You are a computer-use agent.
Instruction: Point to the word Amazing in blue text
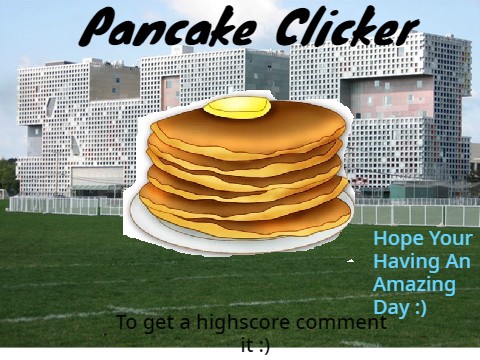413,284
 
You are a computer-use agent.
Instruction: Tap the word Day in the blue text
390,307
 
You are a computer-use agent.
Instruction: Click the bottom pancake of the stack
245,219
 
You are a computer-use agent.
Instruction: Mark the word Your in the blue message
450,239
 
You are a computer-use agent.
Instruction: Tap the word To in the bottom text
127,323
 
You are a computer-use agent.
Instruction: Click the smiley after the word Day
419,307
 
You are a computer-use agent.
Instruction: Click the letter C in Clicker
291,28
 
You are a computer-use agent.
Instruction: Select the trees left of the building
8,175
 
